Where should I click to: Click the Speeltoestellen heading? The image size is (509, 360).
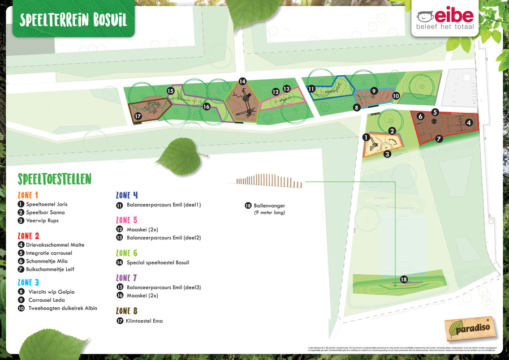coord(54,179)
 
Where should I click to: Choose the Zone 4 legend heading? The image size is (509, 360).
coord(127,195)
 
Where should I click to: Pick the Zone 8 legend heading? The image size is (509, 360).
coord(127,311)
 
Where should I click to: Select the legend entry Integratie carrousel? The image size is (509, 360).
coord(49,252)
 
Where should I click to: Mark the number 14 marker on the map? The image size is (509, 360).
coord(242,82)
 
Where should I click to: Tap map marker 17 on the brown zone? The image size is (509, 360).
coord(137,116)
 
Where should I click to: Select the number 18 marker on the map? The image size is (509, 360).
coord(404,280)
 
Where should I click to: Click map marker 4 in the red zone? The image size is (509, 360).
coord(469,122)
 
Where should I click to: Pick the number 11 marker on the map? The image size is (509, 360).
coord(311,89)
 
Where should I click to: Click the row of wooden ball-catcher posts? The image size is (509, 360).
coord(269,181)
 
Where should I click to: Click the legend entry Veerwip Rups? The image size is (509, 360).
coord(42,220)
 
